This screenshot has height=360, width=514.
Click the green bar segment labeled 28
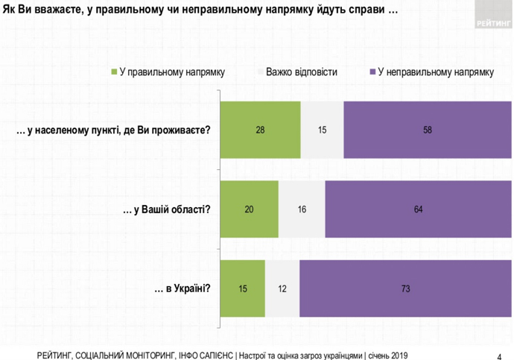(261, 130)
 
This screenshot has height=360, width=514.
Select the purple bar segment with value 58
(428, 130)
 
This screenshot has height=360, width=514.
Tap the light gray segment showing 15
(322, 130)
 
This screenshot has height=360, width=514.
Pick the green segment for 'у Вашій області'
(250, 209)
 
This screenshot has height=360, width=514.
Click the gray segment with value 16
(302, 209)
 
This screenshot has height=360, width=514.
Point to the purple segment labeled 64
(418, 209)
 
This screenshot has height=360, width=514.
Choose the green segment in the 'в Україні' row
(243, 288)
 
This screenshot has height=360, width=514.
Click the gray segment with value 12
(282, 288)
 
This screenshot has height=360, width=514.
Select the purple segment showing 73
(405, 288)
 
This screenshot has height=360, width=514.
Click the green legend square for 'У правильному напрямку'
(114, 72)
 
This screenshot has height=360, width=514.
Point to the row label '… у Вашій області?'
(166, 209)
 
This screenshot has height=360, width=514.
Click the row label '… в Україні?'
(182, 288)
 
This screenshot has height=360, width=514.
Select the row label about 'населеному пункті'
(113, 130)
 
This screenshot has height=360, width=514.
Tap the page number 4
(498, 354)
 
